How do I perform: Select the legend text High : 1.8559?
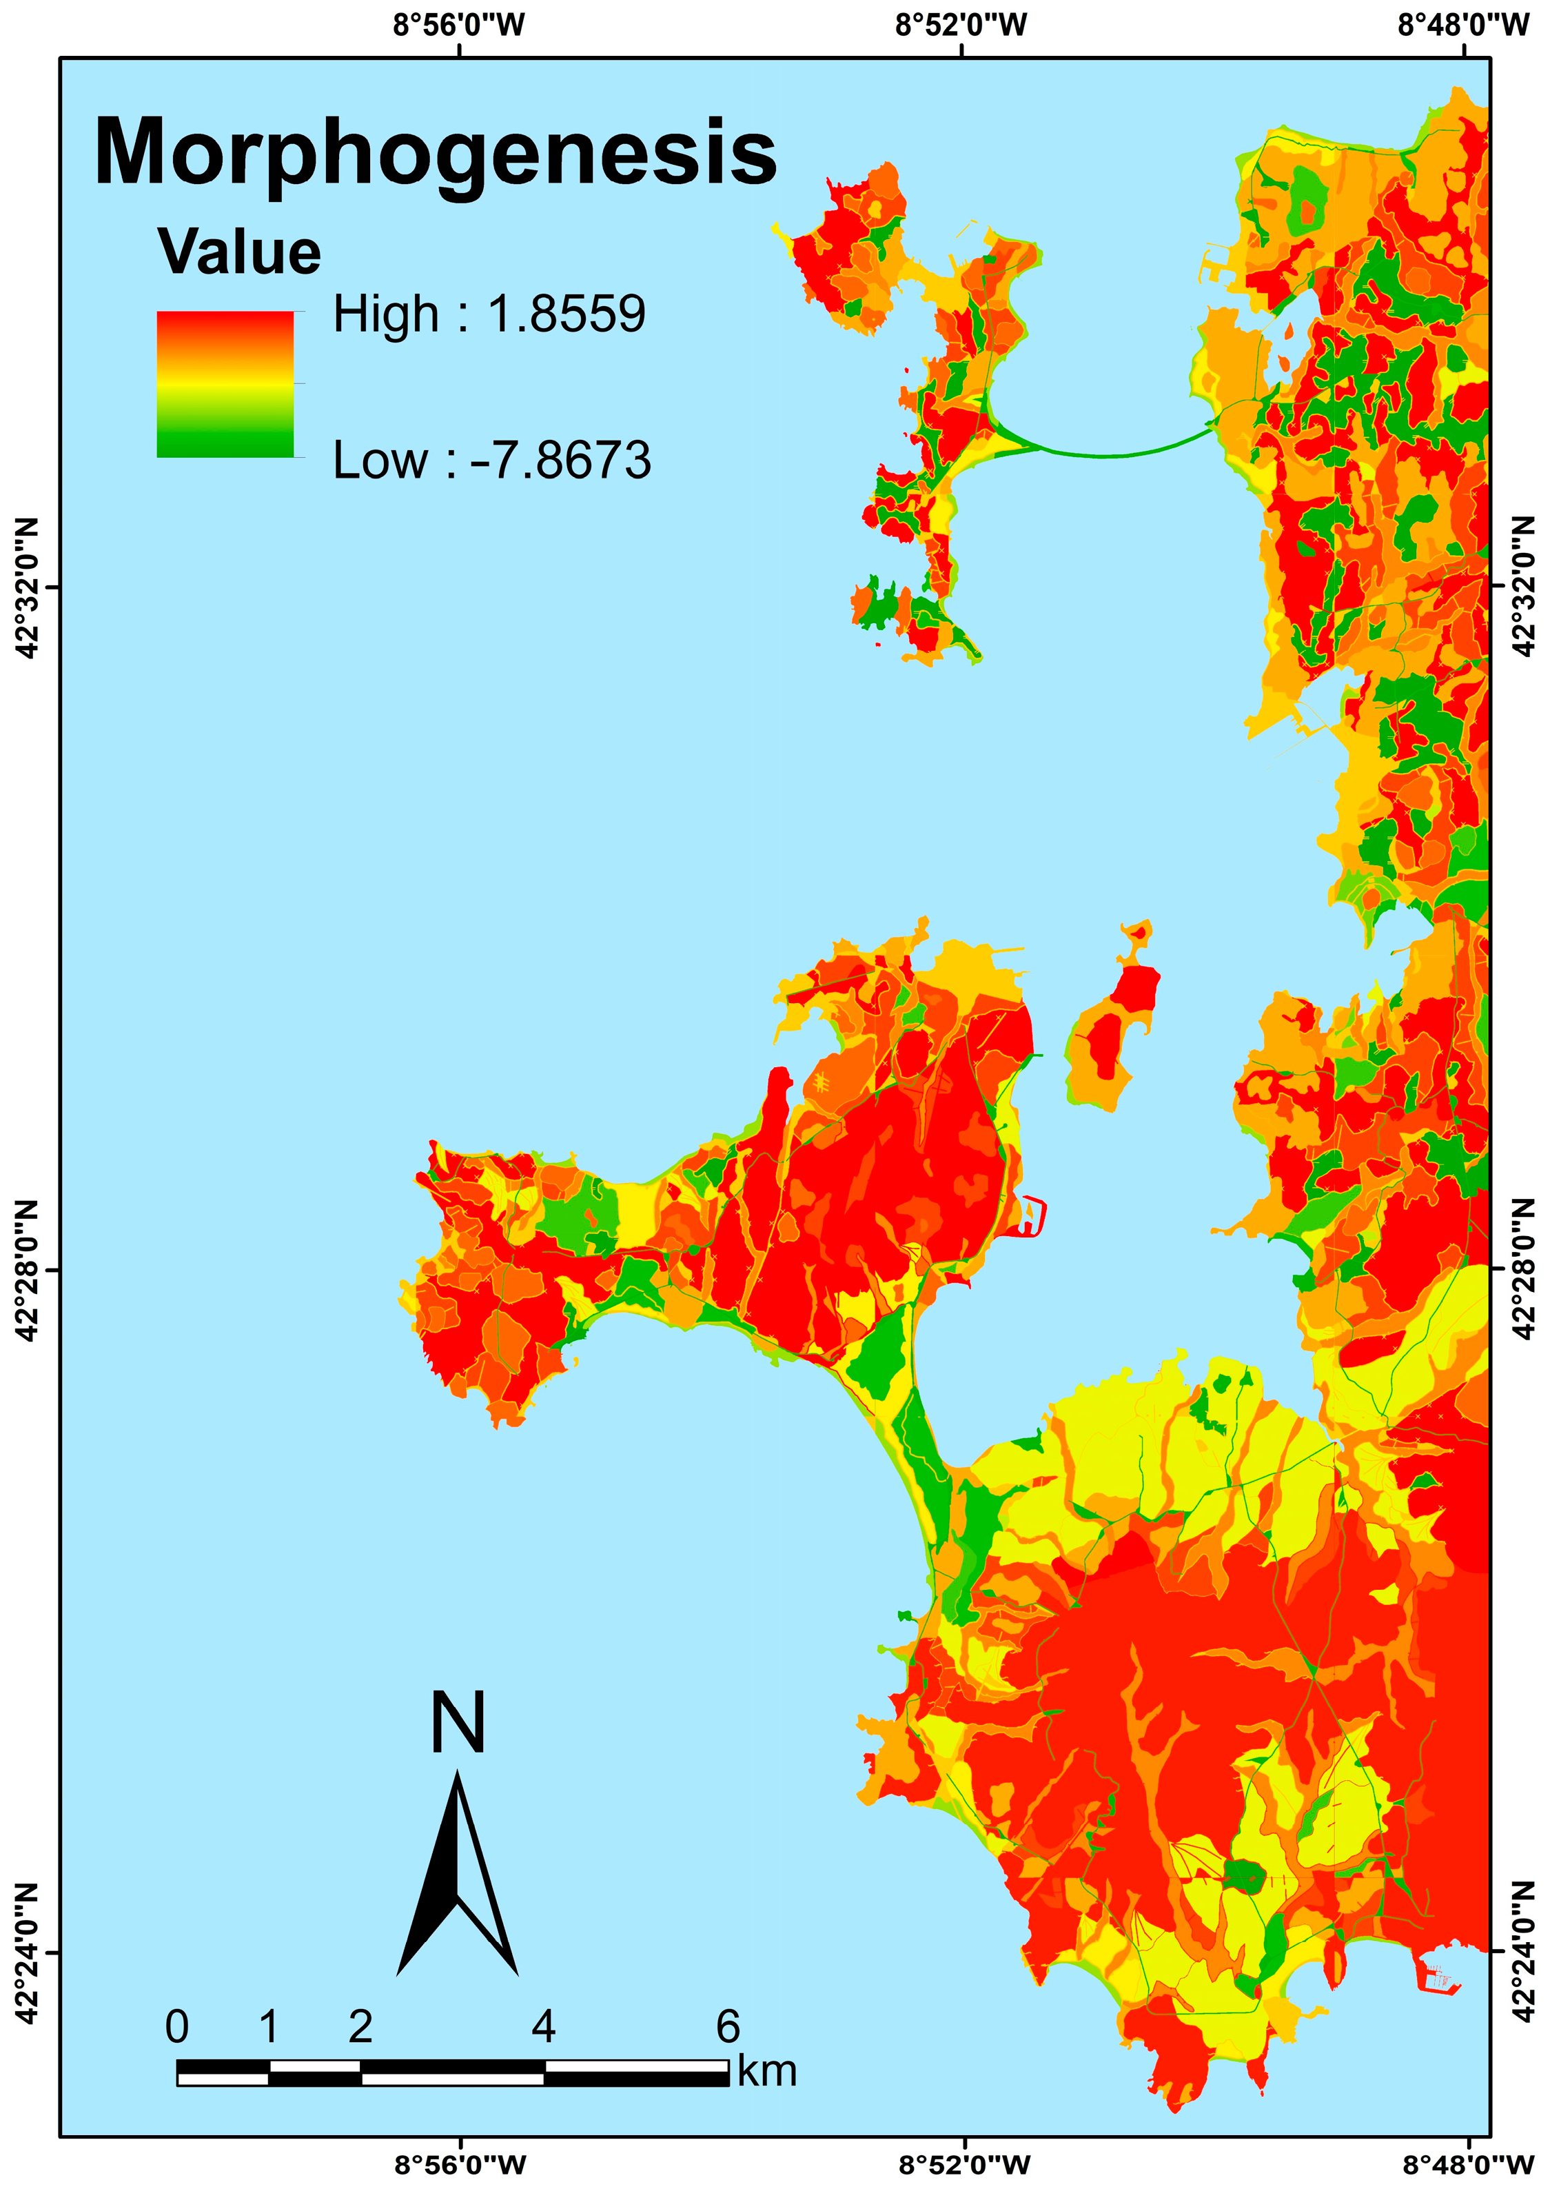[x=489, y=314]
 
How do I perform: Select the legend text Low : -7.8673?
[x=491, y=460]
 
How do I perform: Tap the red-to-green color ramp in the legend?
[x=225, y=384]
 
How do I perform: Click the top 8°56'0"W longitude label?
[x=459, y=24]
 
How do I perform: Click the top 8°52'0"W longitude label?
[x=961, y=24]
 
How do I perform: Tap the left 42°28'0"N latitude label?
[x=27, y=1270]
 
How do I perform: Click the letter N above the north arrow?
[x=458, y=1723]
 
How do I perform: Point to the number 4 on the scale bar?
[x=543, y=2027]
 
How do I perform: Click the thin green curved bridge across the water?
[x=1107, y=454]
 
